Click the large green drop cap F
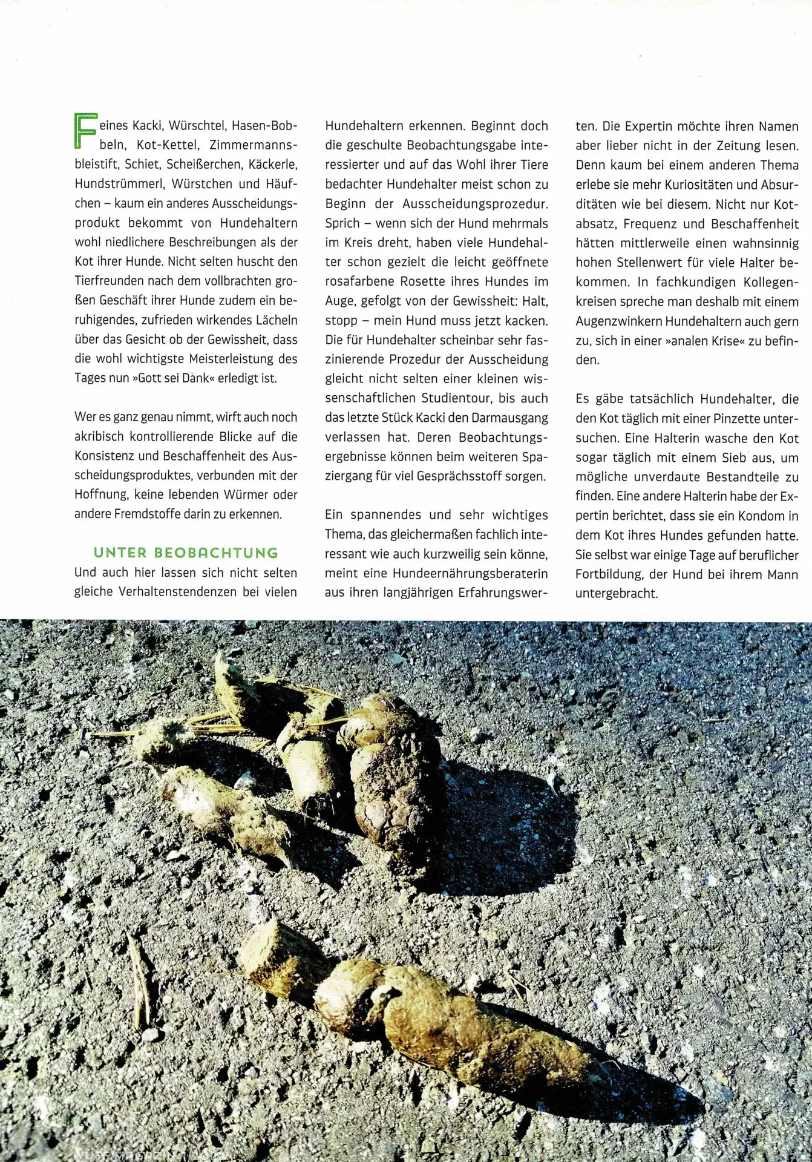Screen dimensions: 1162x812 (85, 130)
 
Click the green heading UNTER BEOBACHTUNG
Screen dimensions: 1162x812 (186, 553)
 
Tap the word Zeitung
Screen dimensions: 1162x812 (731, 146)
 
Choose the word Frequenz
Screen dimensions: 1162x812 (650, 223)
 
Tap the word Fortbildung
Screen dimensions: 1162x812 (607, 574)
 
